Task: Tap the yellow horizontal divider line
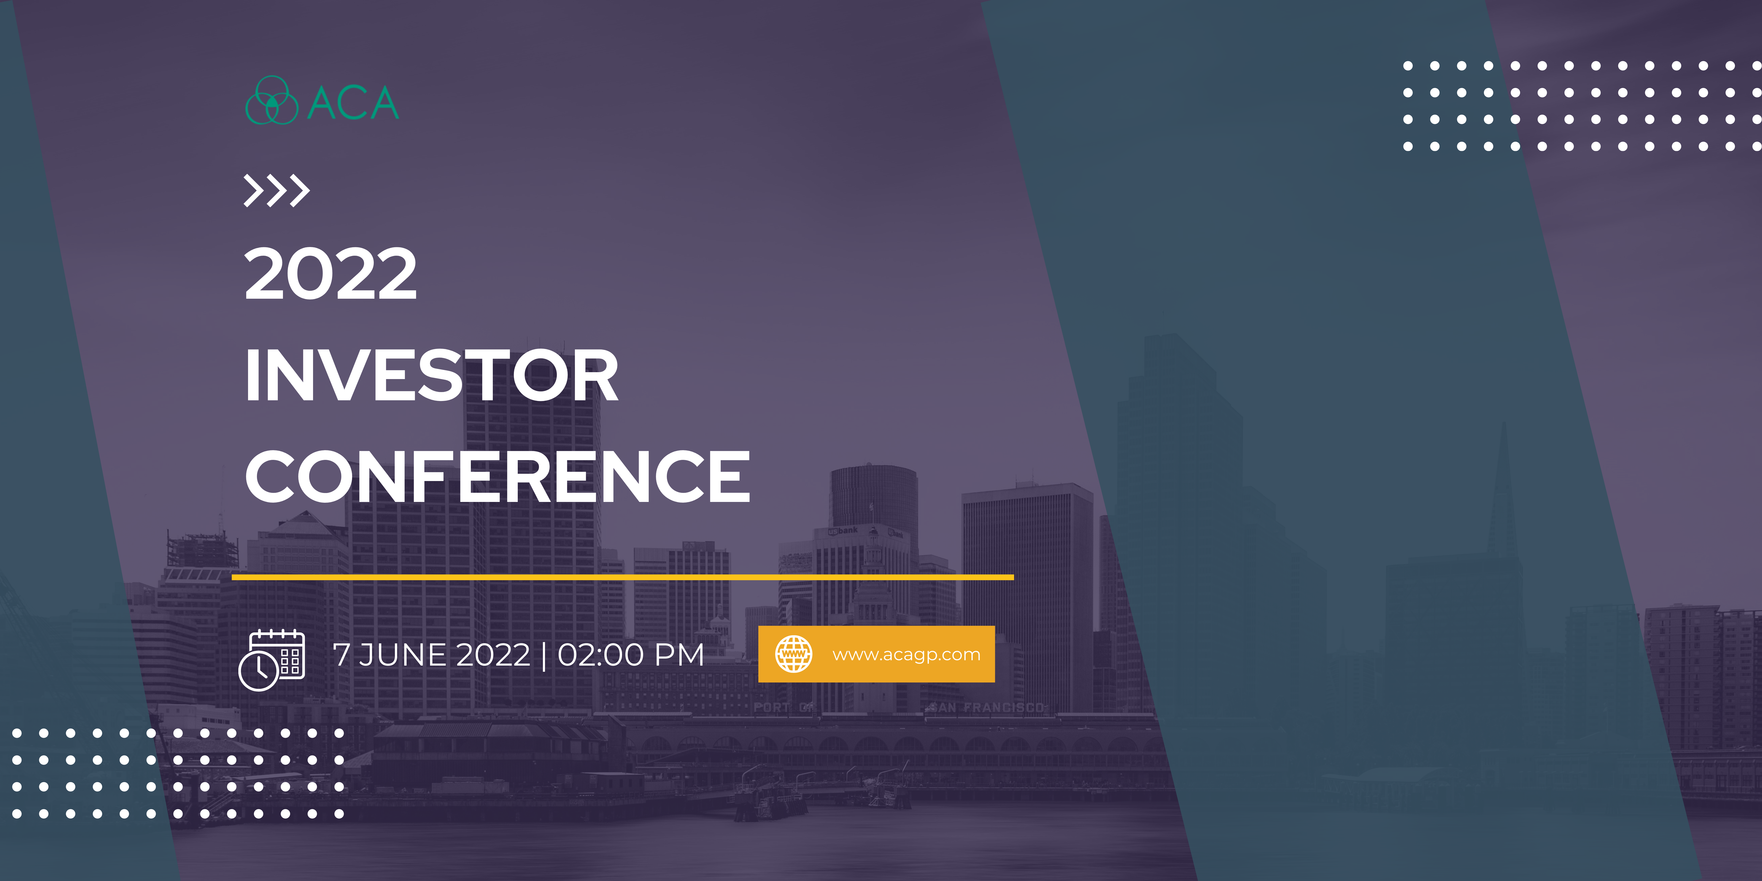pos(623,577)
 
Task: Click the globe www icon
pos(794,654)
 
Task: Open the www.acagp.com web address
pos(906,655)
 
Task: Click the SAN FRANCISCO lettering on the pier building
pos(986,707)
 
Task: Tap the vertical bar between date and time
pos(544,655)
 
